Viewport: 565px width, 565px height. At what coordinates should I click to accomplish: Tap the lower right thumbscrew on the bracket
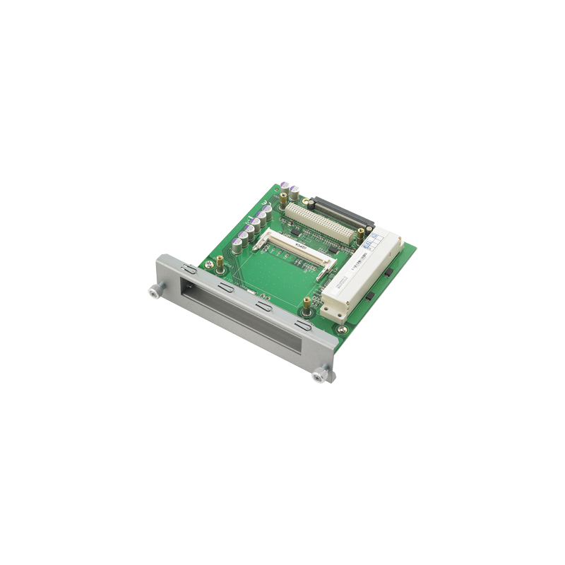point(321,374)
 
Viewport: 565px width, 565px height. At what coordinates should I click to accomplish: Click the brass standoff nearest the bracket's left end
point(220,262)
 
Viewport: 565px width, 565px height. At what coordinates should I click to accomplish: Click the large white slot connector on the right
point(360,275)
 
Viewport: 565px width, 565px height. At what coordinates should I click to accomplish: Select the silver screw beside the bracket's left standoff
point(210,265)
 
